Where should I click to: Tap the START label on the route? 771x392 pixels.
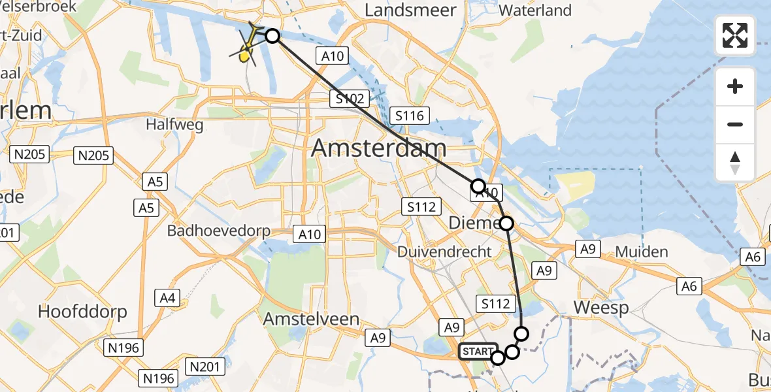click(478, 351)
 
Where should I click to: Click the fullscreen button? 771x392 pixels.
click(735, 35)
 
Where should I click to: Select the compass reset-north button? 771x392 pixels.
click(735, 163)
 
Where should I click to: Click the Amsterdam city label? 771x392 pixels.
click(379, 148)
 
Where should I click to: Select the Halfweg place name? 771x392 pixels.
click(174, 124)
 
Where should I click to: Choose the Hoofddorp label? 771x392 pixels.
click(82, 311)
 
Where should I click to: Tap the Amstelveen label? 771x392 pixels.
click(311, 319)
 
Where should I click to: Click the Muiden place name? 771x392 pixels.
click(642, 252)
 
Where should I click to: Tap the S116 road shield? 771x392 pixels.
click(409, 116)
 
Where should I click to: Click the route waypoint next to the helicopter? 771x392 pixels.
click(272, 36)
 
